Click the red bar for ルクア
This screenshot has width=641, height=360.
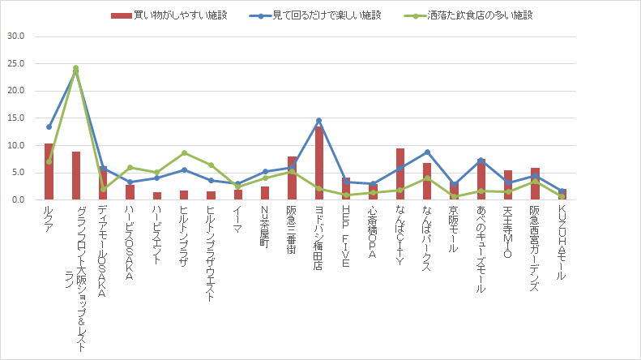tap(49, 172)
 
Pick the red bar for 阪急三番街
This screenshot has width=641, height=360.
tap(292, 178)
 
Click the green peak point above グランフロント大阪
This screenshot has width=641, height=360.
tap(75, 68)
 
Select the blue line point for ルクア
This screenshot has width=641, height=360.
tap(49, 126)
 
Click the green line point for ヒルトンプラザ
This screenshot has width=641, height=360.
tap(184, 152)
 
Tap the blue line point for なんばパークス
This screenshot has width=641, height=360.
tap(427, 152)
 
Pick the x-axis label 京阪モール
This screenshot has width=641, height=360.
tap(454, 231)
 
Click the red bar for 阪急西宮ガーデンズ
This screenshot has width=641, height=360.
tap(535, 184)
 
